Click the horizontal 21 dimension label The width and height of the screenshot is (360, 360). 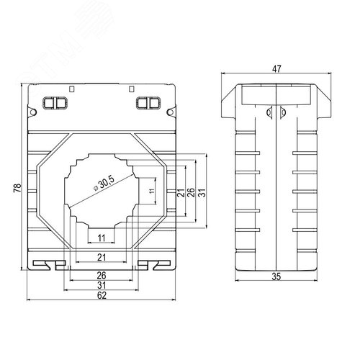point(102,256)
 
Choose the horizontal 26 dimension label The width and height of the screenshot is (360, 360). point(102,275)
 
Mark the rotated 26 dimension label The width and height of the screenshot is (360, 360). point(191,194)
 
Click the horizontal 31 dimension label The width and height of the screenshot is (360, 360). point(102,284)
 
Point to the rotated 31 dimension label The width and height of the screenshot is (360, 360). point(202,194)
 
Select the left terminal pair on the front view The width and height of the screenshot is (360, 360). point(55,103)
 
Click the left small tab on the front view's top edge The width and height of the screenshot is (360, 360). point(71,89)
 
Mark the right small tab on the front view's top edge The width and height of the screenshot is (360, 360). point(131,89)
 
